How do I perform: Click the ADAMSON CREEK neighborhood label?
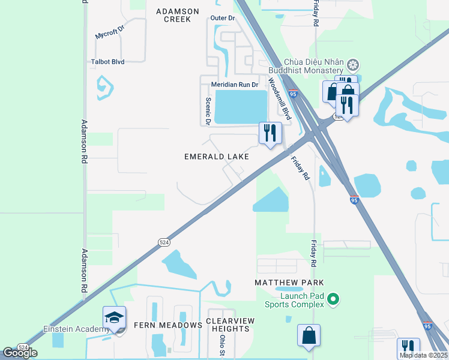173,15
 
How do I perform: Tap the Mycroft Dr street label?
109,32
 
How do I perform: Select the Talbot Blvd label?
107,62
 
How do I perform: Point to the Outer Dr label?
222,19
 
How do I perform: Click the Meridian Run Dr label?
234,85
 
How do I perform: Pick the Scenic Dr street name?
208,112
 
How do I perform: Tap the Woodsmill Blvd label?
279,98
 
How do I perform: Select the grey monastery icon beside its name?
354,64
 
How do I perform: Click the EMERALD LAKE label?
216,157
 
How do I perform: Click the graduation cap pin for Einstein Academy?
114,318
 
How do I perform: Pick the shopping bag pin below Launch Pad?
309,336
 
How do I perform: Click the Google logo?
20,353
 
